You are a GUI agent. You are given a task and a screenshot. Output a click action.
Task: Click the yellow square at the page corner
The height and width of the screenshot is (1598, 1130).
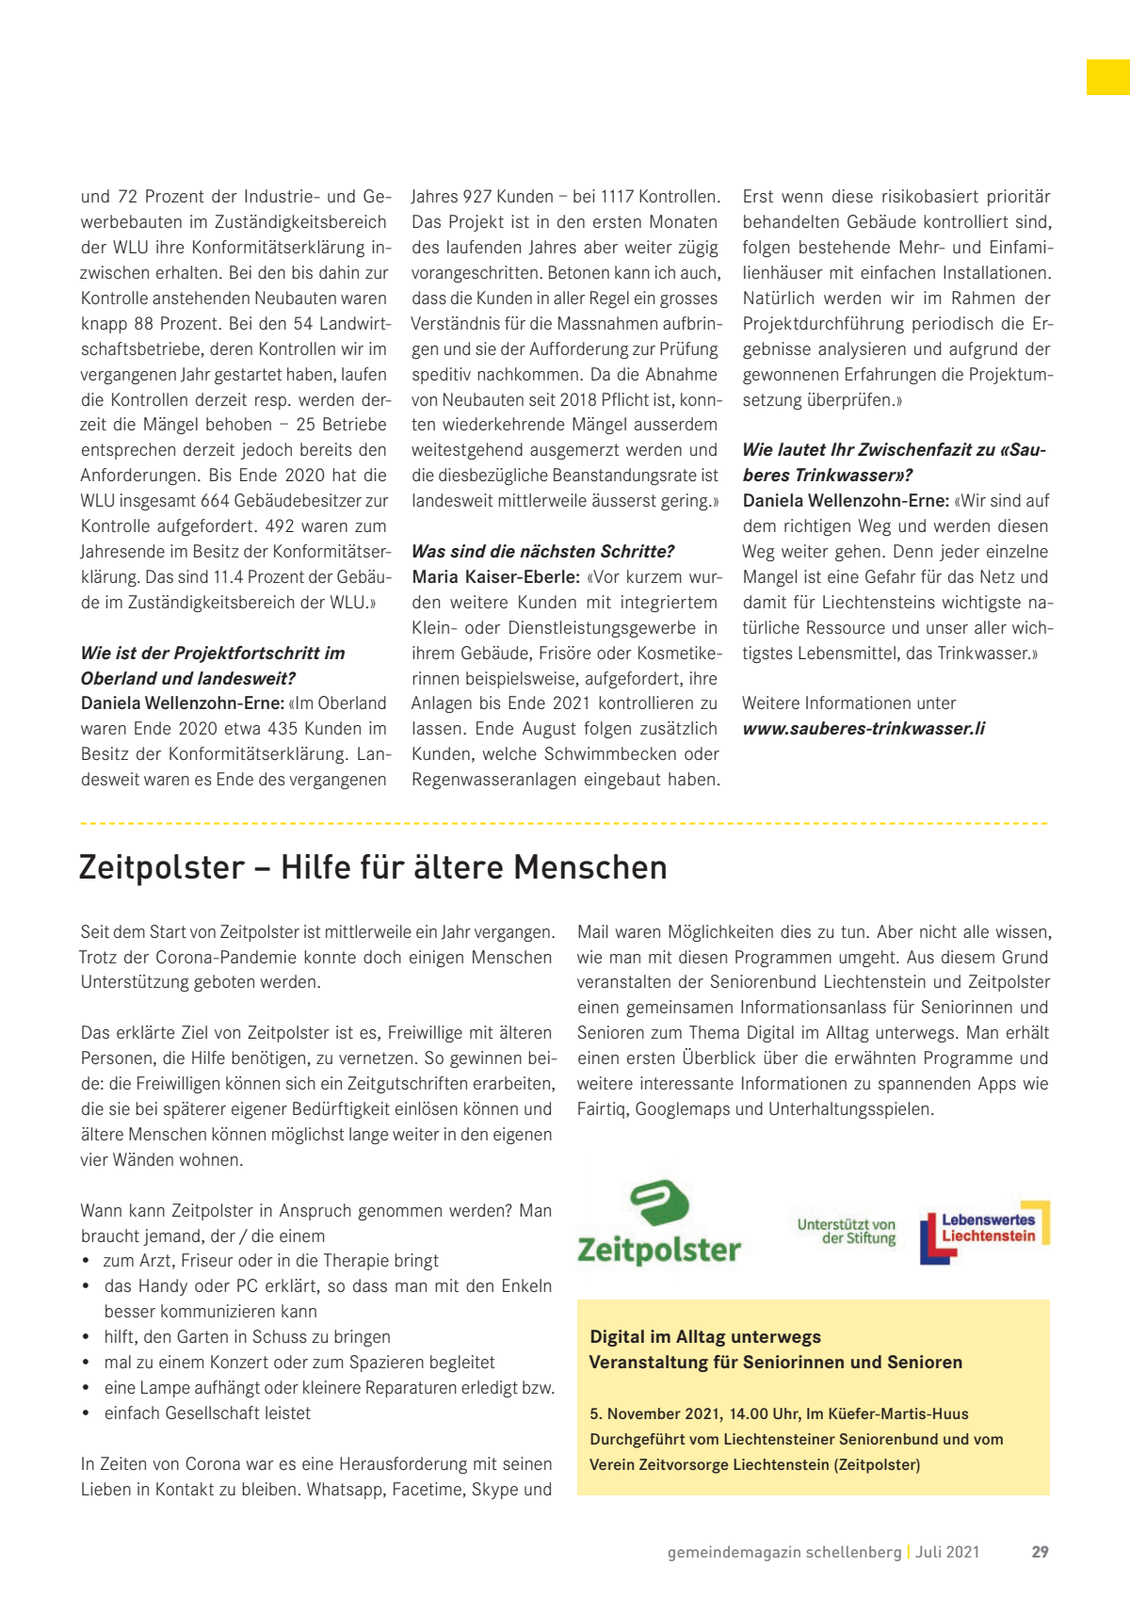coord(1107,77)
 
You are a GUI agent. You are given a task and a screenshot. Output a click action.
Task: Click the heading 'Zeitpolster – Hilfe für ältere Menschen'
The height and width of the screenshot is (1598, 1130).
coord(373,867)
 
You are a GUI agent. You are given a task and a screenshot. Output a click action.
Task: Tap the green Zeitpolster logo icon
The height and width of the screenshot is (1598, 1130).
coord(659,1203)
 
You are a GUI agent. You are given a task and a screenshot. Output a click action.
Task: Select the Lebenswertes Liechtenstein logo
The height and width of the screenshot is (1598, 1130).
coord(984,1231)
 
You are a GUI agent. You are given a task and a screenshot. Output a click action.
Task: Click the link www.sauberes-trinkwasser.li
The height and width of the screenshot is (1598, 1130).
coord(864,729)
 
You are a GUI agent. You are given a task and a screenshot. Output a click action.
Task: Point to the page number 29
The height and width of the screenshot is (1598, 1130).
coord(1040,1552)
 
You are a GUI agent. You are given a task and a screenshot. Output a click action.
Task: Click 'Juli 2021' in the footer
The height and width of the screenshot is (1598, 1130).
coord(947,1552)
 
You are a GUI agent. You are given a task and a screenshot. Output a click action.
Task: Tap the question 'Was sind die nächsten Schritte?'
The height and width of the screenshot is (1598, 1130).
coord(543,552)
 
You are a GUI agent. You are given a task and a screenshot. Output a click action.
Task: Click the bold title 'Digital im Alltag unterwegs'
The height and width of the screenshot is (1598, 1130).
coord(705,1337)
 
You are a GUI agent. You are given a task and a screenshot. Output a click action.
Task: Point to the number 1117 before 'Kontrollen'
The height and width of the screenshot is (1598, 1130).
coord(617,197)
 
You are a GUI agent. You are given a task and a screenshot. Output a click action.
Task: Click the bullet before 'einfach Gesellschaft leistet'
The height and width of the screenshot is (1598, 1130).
coord(86,1413)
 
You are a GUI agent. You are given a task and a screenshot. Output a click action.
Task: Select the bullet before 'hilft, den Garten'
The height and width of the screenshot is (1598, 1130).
coord(86,1337)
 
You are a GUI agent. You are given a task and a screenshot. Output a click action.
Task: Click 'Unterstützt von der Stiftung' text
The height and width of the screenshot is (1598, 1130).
coord(847,1232)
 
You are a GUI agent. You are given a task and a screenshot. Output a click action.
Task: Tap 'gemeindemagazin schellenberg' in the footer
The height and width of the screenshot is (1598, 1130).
coord(784,1552)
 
